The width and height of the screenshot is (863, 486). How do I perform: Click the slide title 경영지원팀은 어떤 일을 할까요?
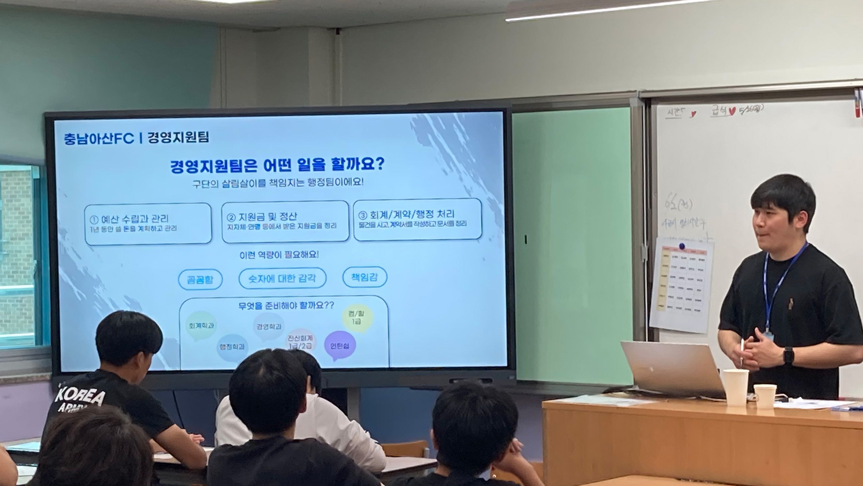[278, 165]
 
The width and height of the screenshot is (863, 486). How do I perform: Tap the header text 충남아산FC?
[99, 138]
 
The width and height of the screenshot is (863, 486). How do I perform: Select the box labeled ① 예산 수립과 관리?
[148, 223]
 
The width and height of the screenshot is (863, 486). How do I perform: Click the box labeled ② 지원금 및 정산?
[285, 221]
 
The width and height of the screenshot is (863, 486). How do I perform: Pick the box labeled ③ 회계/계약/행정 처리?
[417, 219]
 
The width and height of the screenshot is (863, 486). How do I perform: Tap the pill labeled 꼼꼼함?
[200, 279]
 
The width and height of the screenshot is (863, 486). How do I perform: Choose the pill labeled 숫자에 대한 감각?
[282, 278]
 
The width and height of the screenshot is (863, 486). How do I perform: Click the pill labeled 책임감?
[364, 277]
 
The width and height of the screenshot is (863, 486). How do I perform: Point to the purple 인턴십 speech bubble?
[340, 345]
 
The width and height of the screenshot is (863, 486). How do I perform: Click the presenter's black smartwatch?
[789, 356]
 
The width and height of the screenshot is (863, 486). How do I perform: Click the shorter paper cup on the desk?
[765, 396]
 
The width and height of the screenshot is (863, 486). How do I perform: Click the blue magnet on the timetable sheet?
[681, 246]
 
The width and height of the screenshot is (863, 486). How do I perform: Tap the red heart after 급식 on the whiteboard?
[732, 112]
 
